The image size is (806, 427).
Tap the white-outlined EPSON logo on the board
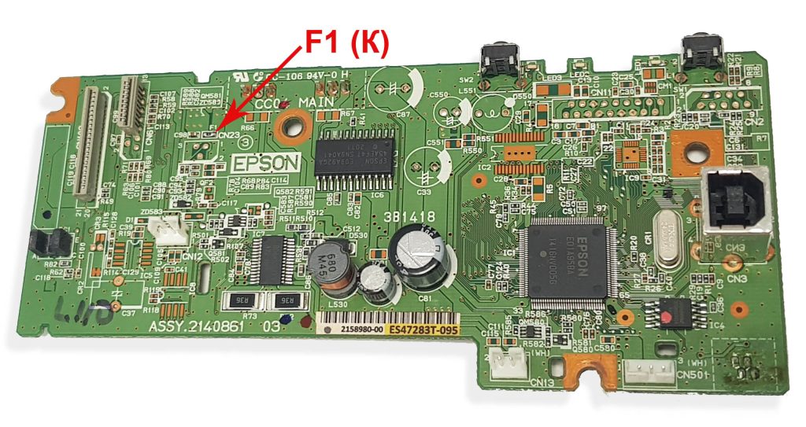point(266,163)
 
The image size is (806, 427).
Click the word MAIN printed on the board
point(318,103)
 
